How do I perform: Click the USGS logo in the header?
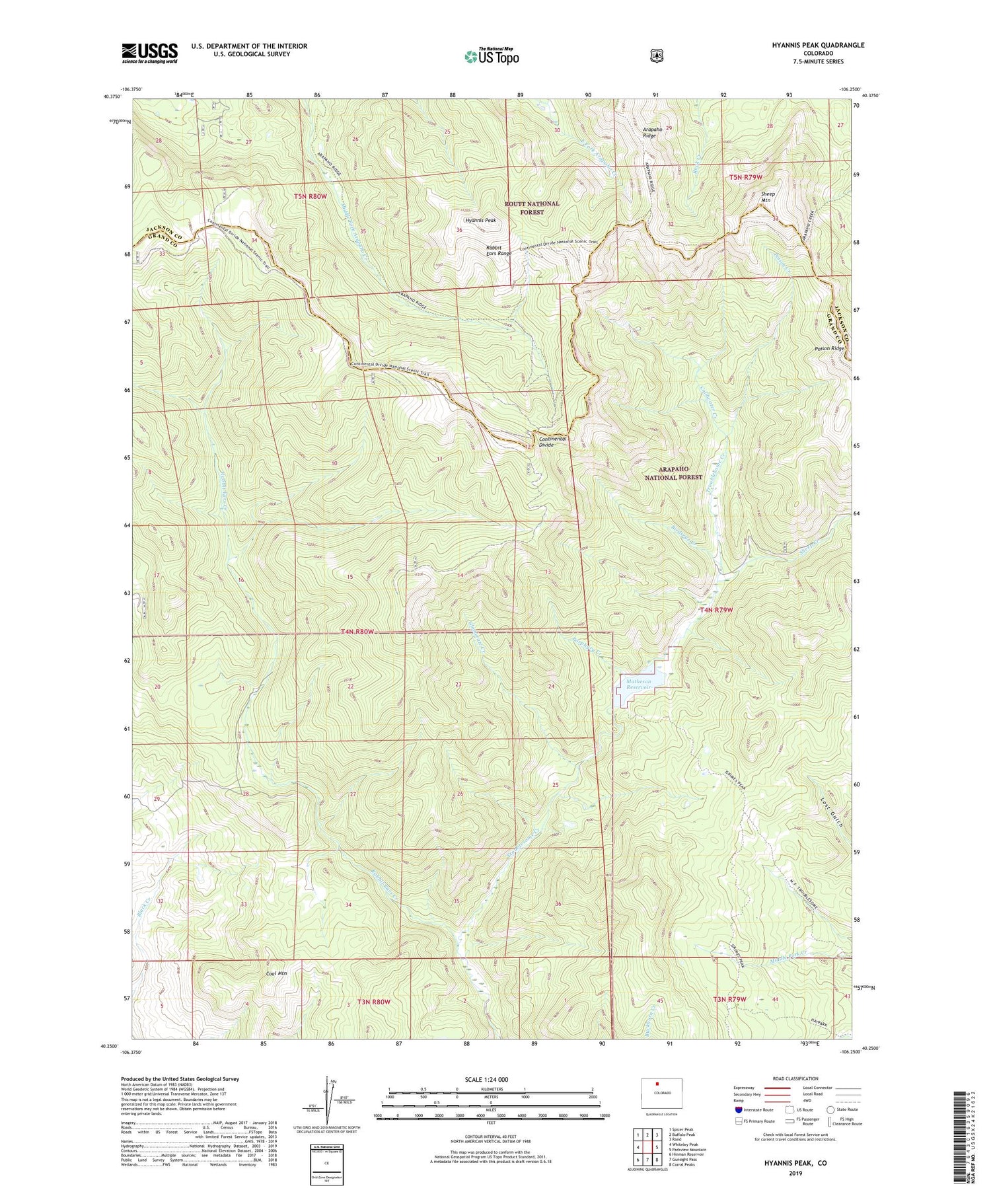149,53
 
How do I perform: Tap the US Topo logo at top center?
492,56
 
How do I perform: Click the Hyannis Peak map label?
480,220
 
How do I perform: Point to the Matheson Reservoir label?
636,684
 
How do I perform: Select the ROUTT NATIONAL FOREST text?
532,207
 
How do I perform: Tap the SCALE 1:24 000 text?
490,1079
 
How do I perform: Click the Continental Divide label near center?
552,441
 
